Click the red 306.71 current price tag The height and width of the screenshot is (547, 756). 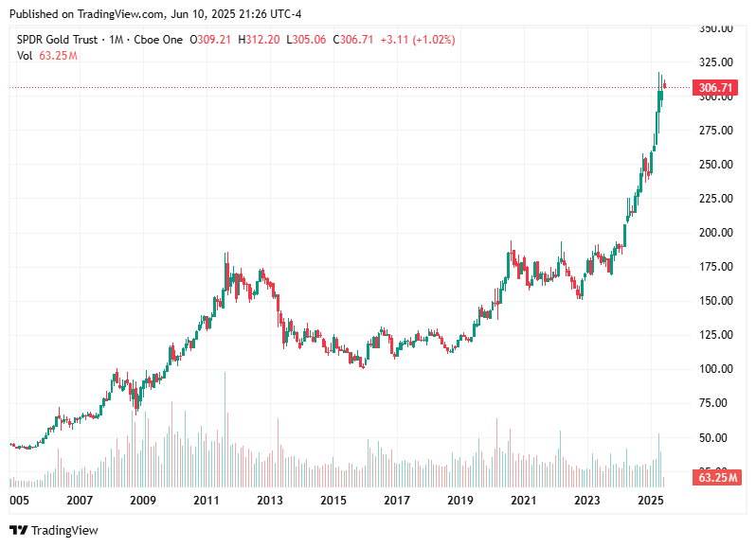[715, 88]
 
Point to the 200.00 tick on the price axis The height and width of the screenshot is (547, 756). [715, 233]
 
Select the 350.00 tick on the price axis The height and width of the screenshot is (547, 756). [715, 28]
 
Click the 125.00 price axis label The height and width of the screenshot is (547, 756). [715, 335]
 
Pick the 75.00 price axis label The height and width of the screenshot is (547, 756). [715, 403]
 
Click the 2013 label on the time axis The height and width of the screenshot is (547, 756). [269, 500]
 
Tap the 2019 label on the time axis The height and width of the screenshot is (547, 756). [459, 500]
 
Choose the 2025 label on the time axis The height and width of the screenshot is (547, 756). [650, 500]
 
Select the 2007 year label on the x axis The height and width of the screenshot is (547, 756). [79, 500]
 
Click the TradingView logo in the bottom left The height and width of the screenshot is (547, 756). [54, 531]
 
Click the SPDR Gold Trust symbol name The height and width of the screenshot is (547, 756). [58, 40]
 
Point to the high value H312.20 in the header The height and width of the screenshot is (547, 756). [259, 40]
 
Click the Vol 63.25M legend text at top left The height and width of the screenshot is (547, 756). [46, 56]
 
